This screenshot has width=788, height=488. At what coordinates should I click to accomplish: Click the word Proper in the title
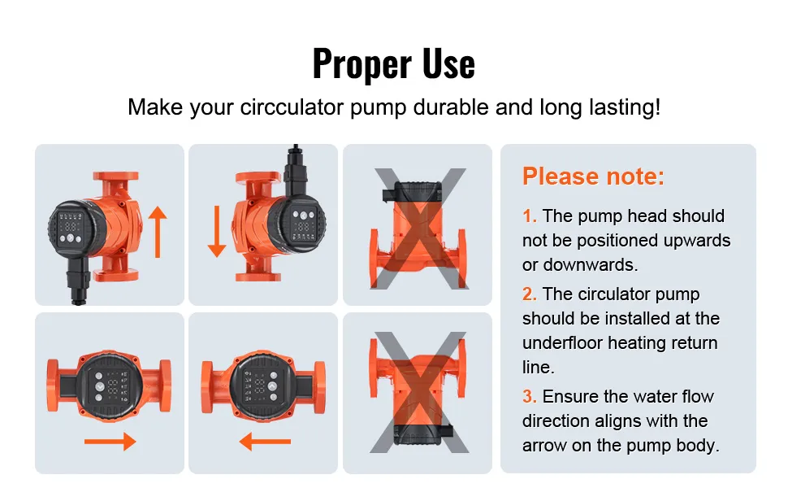pyautogui.click(x=362, y=64)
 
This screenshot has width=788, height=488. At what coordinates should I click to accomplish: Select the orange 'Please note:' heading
pyautogui.click(x=593, y=176)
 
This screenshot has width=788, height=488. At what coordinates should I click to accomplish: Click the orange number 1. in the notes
pyautogui.click(x=529, y=216)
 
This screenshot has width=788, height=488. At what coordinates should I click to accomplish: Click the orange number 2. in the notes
pyautogui.click(x=529, y=294)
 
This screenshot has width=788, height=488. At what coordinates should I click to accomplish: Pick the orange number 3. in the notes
pyautogui.click(x=529, y=396)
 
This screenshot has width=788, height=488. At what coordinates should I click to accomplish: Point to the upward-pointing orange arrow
pyautogui.click(x=158, y=232)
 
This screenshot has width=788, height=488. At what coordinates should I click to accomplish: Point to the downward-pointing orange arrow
pyautogui.click(x=217, y=232)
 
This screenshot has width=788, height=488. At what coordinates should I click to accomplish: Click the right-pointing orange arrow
pyautogui.click(x=110, y=441)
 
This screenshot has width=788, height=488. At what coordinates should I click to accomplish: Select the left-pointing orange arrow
pyautogui.click(x=265, y=441)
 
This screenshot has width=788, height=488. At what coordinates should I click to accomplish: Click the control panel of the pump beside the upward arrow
pyautogui.click(x=71, y=229)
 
